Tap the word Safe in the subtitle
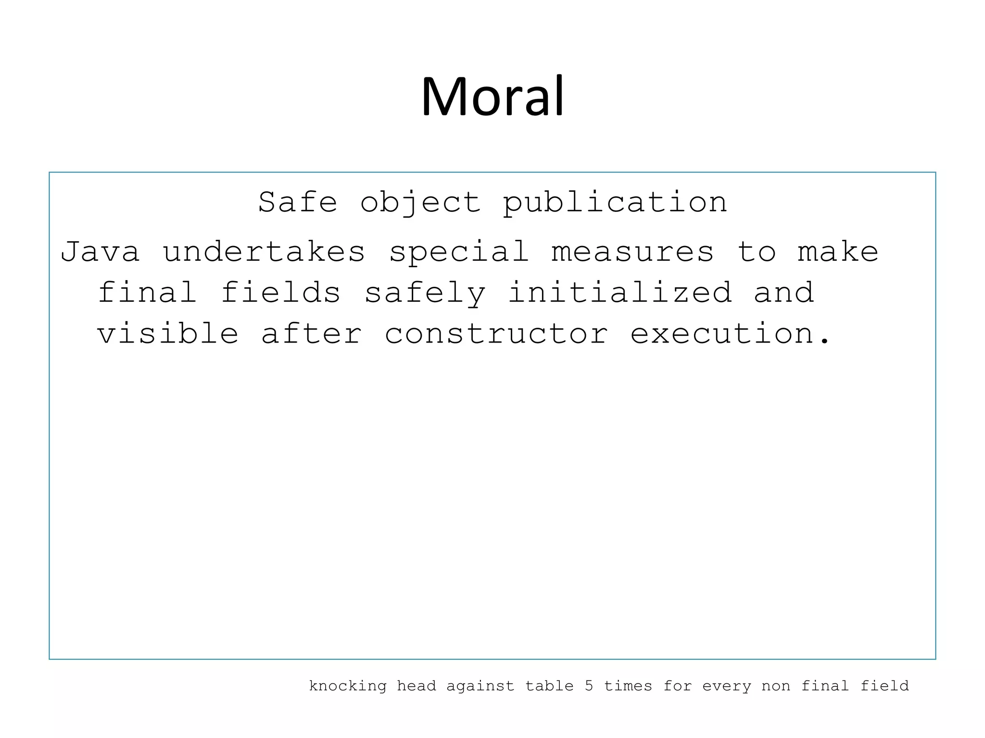point(298,202)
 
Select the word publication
point(615,203)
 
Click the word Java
point(100,252)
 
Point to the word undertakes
point(264,252)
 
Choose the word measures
point(632,252)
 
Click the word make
point(838,252)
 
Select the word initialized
point(620,293)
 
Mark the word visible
point(168,333)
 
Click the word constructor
point(496,333)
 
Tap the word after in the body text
point(311,333)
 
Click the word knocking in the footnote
point(348,686)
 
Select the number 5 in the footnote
point(589,686)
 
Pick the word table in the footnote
point(549,686)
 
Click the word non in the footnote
point(776,686)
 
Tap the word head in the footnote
point(417,686)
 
